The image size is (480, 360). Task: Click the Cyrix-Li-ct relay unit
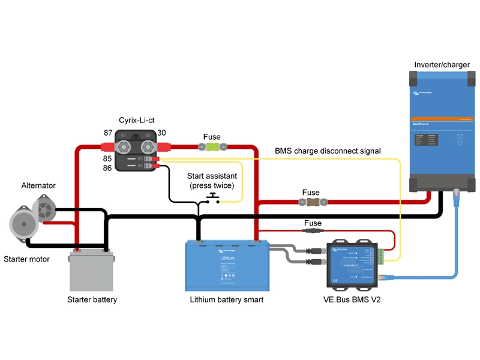pyautogui.click(x=136, y=150)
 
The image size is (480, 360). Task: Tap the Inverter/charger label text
pyautogui.click(x=442, y=64)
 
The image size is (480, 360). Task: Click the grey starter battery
pyautogui.click(x=92, y=270)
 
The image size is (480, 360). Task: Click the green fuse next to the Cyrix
pyautogui.click(x=212, y=146)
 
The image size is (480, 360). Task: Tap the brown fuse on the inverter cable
pyautogui.click(x=311, y=202)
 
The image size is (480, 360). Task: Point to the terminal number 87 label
pyautogui.click(x=108, y=133)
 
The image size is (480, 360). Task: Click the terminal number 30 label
pyautogui.click(x=161, y=133)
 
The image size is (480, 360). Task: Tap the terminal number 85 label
pyautogui.click(x=108, y=159)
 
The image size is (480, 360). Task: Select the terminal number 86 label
pyautogui.click(x=108, y=169)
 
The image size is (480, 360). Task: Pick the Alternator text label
pyautogui.click(x=38, y=185)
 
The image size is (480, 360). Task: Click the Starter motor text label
pyautogui.click(x=26, y=259)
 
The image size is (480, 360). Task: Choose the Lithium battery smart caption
pyautogui.click(x=227, y=299)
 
